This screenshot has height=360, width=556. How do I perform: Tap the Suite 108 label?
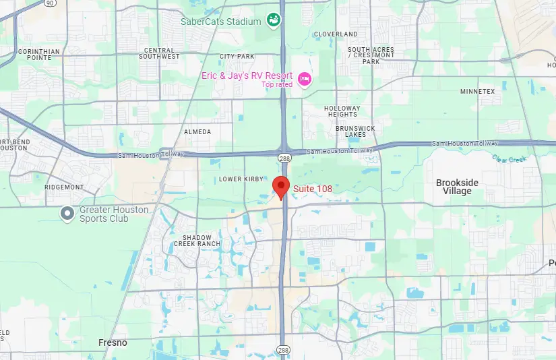pos(311,189)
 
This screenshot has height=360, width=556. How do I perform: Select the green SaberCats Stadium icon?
pos(274,21)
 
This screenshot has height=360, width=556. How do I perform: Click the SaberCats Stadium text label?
pos(220,22)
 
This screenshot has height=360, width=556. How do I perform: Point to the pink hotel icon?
pos(304,80)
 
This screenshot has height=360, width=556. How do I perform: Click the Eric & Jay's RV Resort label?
pos(247,76)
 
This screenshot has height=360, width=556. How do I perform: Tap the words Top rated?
pos(277,84)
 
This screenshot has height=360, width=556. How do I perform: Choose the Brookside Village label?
pos(457,187)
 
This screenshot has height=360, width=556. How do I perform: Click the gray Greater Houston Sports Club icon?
pos(67,214)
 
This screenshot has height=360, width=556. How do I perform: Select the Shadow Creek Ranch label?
pos(197,241)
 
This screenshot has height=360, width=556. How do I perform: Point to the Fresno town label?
pos(113,343)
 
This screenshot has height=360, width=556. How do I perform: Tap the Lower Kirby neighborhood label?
pos(240,179)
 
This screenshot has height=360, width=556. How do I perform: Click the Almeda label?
pos(197,132)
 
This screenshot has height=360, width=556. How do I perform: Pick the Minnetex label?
pos(477,91)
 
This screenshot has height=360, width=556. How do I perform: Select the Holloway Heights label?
pos(342,111)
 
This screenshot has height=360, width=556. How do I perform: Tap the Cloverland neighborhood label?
pos(336,34)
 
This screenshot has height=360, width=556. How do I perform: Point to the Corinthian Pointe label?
pos(39,55)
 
